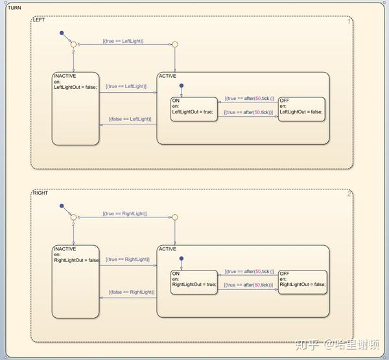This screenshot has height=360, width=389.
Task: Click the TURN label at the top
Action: coord(14,7)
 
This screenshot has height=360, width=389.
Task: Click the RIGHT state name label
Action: coord(40,193)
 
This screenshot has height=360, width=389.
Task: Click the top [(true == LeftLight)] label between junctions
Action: coord(123,41)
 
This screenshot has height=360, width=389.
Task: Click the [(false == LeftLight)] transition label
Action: coord(130,119)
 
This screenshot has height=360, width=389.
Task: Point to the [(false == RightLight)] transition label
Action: coord(132,292)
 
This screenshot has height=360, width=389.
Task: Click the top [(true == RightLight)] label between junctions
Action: coord(124,213)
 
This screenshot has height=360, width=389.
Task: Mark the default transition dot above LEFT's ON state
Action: coord(182,85)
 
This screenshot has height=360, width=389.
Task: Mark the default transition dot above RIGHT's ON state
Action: coord(182,258)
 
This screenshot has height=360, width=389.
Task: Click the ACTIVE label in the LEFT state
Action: coord(167,76)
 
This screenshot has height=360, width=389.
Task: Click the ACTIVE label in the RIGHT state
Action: coord(167,249)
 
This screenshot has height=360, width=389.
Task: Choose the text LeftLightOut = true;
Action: coord(193,112)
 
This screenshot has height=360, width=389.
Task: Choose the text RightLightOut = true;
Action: coord(194,284)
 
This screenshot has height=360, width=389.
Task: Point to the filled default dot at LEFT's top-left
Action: coord(62,32)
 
